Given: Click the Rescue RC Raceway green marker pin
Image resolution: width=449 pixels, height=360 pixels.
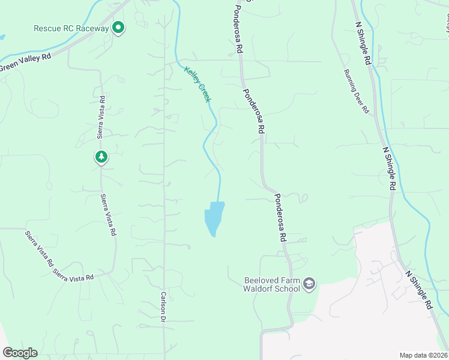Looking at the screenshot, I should (x=119, y=28).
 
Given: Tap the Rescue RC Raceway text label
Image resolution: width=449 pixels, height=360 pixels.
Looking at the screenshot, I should (x=71, y=28).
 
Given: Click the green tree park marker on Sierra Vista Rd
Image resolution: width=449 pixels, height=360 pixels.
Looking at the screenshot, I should (x=101, y=157).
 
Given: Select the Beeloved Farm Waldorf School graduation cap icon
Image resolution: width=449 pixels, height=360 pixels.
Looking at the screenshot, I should (x=309, y=284).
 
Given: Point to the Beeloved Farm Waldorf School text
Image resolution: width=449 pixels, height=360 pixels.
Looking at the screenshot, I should (x=272, y=284).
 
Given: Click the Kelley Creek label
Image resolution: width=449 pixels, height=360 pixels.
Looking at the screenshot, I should (x=197, y=84).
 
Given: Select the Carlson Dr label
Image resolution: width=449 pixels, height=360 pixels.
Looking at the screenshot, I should (x=163, y=308).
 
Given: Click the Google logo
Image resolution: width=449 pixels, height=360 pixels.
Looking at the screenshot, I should (x=20, y=353).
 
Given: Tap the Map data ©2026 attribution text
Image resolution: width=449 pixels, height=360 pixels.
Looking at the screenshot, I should (x=423, y=355).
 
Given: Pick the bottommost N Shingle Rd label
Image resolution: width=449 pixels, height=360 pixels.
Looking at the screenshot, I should (x=419, y=290).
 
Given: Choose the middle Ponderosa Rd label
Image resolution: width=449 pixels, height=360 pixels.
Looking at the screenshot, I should (x=254, y=111).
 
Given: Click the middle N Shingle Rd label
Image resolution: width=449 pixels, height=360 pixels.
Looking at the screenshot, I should (x=390, y=169).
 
